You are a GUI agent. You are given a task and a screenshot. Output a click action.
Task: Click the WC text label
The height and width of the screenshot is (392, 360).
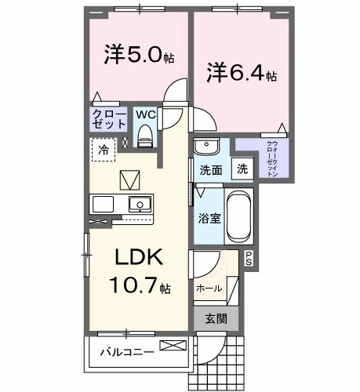coord(144,114)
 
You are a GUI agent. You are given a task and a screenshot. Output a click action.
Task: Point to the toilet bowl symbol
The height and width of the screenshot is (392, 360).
coord(144,136)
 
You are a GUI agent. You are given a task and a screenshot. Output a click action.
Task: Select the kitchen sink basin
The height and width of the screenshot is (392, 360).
coord(139,205)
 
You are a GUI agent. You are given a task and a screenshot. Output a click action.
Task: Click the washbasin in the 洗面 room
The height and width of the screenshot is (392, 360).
coord(206,147)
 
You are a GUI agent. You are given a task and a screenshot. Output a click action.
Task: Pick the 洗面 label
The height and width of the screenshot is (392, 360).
coord(209,169)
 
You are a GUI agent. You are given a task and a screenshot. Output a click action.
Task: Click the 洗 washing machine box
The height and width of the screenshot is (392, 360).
coord(243,169)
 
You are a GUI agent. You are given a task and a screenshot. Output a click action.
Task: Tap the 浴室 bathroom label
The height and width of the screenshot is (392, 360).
coord(207,216)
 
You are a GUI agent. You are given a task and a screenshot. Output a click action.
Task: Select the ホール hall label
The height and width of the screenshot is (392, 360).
coord(209,288)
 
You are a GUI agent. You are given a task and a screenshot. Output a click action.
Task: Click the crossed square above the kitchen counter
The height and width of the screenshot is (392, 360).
coord(128,180)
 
